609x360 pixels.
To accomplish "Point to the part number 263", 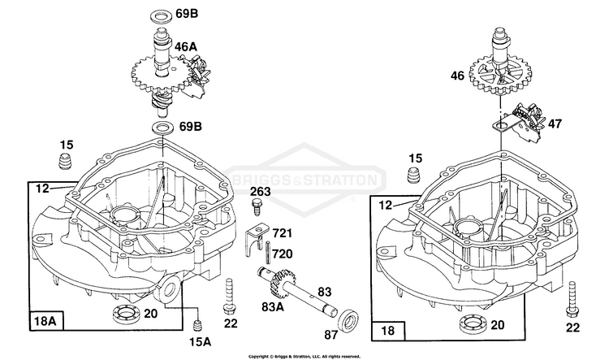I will [x=261, y=192].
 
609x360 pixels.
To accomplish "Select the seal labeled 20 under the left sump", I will [x=120, y=314].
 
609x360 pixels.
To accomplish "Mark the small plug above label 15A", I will [x=195, y=314].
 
